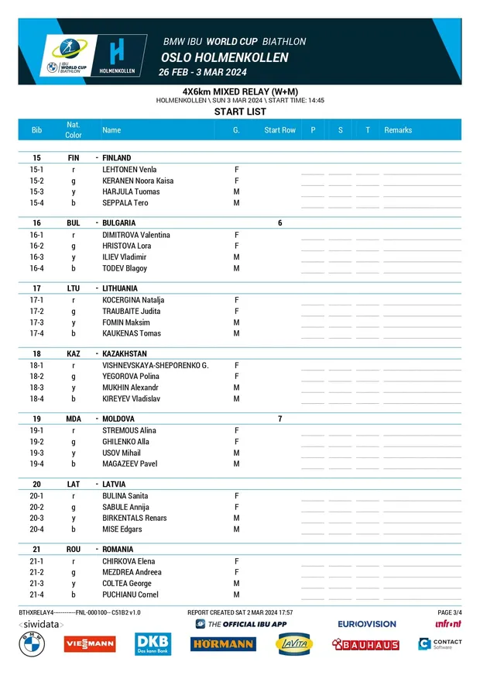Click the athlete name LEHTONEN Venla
coord(129,169)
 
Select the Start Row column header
coord(279,130)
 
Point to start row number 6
coord(279,223)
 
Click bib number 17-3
coord(36,322)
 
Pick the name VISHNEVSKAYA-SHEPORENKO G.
coord(155,365)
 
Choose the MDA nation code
coord(73,419)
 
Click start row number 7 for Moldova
coord(279,419)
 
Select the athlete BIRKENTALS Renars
coord(135,518)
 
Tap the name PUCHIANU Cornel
coord(131,595)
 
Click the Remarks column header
coord(398,130)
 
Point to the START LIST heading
coord(239,112)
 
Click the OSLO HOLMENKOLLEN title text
coord(225,57)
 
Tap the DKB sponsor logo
coord(153,643)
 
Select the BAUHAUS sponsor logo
coord(365,644)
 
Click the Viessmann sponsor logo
coord(90,643)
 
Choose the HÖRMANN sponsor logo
coord(223,644)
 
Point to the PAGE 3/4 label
coord(450,612)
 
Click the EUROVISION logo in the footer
coord(366,624)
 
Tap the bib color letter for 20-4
coord(73,529)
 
